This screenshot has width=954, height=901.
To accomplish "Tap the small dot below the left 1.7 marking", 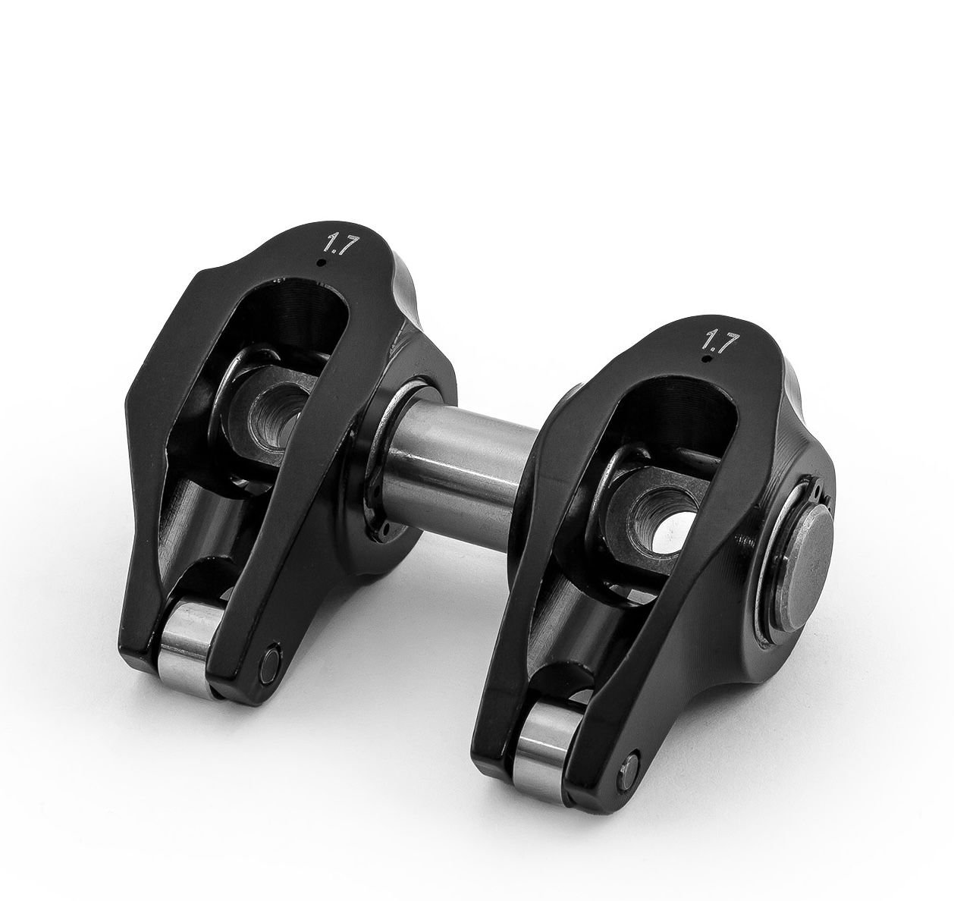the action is (x=325, y=262).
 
